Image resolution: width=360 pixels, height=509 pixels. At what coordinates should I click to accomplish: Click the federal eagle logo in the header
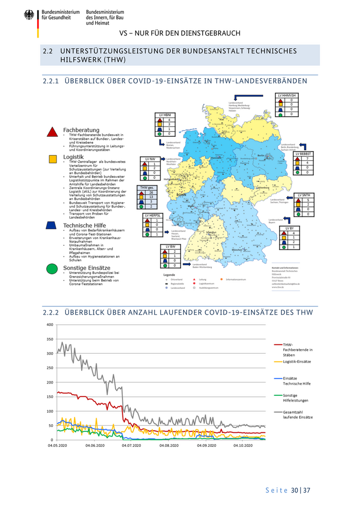pos(29,15)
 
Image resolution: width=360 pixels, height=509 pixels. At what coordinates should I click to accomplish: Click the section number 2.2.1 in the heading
pos(50,81)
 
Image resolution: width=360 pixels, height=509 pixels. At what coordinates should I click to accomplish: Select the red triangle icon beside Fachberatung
pos(52,133)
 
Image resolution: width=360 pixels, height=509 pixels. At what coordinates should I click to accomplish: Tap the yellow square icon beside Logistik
pos(52,159)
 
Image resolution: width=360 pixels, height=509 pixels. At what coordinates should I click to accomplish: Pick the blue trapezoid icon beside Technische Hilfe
pos(51,225)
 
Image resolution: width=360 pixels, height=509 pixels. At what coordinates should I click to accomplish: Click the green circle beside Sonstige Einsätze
pos(51,268)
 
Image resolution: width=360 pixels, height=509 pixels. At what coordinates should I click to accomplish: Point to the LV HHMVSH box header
pos(286,96)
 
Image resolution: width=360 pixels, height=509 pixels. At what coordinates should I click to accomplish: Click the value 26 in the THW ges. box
pos(152,192)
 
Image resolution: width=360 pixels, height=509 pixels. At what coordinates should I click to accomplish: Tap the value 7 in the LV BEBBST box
pos(307,158)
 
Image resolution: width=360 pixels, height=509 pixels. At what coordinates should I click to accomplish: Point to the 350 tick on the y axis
pos(50,339)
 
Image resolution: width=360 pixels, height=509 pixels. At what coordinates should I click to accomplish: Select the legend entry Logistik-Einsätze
pos(297,362)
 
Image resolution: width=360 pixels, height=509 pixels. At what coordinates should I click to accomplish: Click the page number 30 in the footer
pos(295,490)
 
